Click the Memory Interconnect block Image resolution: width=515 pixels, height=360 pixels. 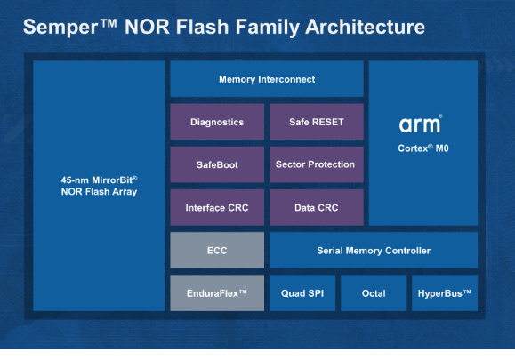266,79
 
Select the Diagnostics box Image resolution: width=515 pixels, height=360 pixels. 217,122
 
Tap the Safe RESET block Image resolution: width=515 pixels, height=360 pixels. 316,122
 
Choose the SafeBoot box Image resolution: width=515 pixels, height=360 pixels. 217,164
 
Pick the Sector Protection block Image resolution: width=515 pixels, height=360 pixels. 316,164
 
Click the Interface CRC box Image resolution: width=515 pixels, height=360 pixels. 217,207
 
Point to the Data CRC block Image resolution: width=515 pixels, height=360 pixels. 316,207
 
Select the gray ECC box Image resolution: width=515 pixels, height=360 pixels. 217,251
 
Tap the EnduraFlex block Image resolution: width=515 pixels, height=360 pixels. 217,292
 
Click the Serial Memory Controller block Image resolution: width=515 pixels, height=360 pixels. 374,251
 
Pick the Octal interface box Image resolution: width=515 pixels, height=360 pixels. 374,292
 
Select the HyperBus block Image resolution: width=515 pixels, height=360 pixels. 444,292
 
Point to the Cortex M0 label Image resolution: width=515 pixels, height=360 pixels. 423,148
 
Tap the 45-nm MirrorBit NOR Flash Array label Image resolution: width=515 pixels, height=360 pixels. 98,185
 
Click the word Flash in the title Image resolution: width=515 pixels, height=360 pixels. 198,27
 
